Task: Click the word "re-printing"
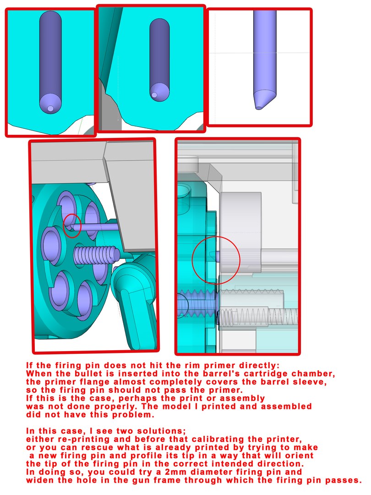[74, 439]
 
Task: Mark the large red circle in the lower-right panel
[216, 259]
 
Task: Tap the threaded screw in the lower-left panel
[96, 253]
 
